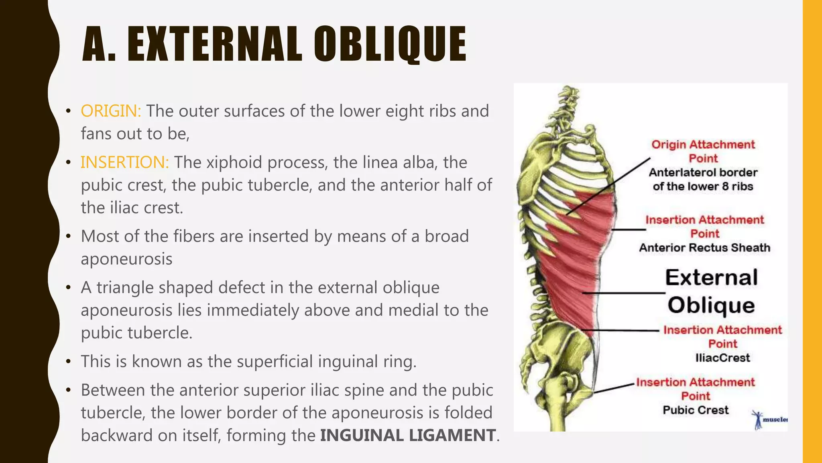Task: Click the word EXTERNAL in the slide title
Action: [x=215, y=44]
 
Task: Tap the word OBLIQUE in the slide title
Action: [x=389, y=44]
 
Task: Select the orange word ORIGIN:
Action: [x=111, y=111]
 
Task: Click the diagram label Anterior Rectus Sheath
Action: [x=704, y=248]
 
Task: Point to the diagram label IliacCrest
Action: [x=722, y=358]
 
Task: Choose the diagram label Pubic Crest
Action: [x=696, y=410]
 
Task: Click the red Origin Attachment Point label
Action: [x=703, y=151]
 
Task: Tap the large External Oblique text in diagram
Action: [x=711, y=291]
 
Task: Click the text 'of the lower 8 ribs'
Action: [x=703, y=186]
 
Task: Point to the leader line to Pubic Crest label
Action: [x=614, y=388]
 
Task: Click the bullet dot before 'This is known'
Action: [x=69, y=362]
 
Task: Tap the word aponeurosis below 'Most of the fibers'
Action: [x=126, y=259]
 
